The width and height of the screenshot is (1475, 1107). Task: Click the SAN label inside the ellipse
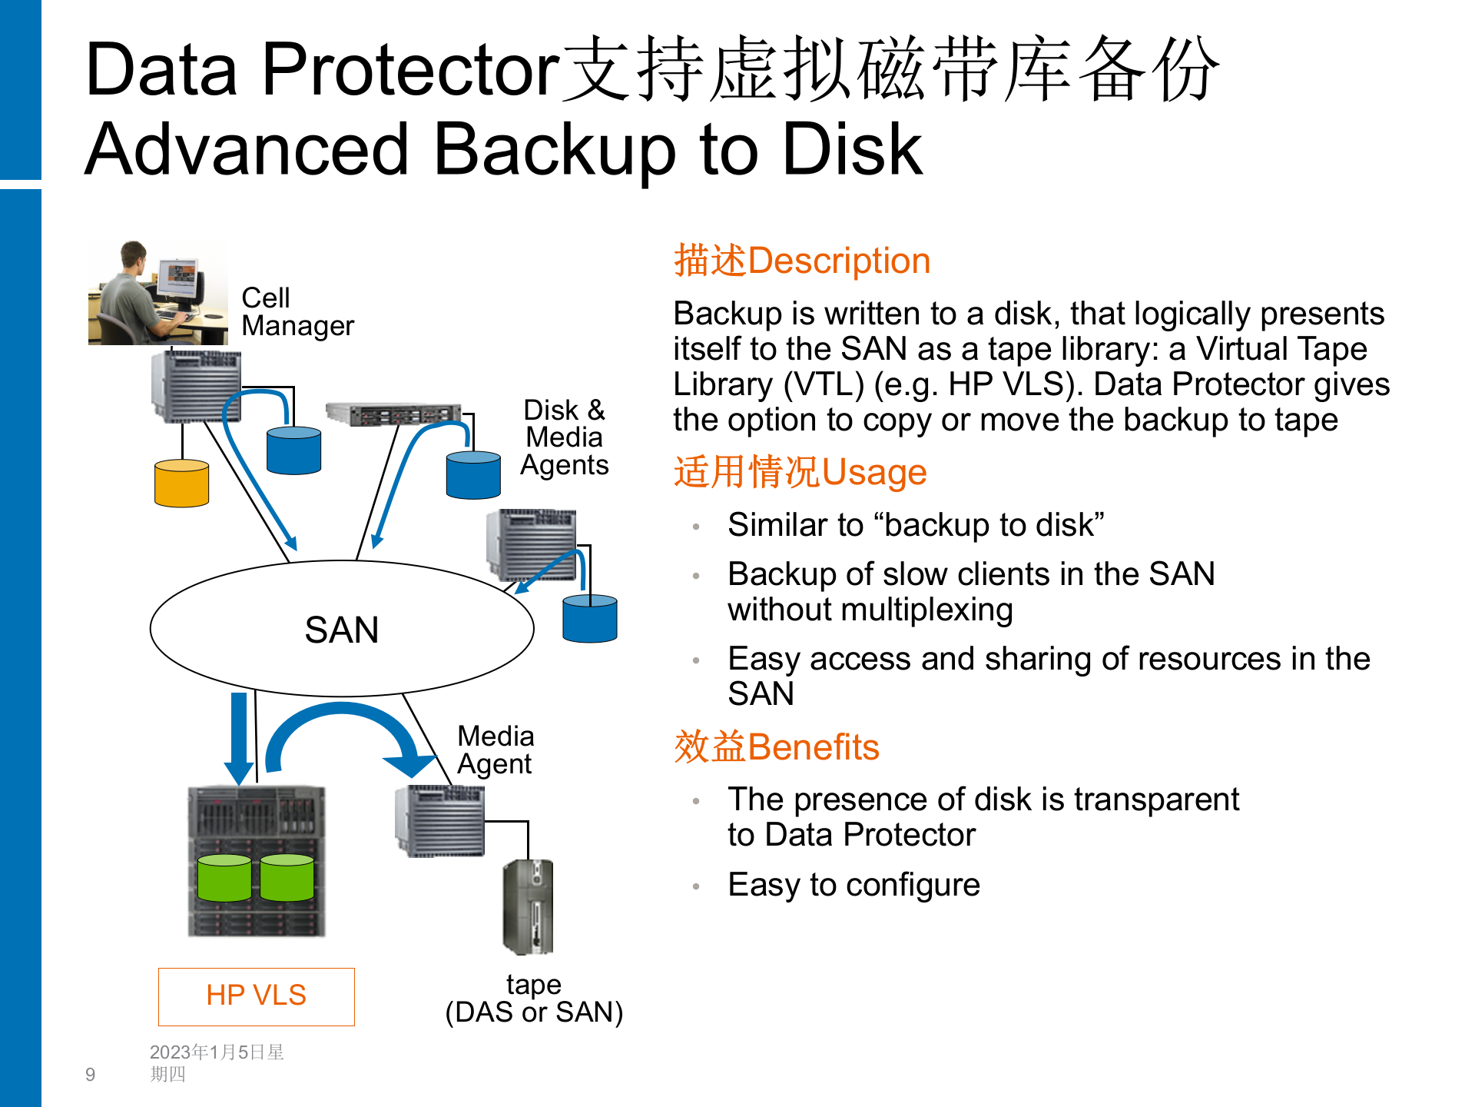[342, 630]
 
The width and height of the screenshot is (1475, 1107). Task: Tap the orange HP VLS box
[256, 996]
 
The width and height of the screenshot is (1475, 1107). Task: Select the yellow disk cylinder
[181, 484]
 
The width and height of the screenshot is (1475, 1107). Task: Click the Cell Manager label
[297, 312]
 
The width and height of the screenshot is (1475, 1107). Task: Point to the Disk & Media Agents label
[565, 437]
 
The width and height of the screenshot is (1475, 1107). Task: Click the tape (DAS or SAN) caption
[534, 999]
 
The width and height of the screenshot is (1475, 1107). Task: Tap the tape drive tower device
[529, 907]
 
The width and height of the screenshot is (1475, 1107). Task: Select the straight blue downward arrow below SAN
[239, 738]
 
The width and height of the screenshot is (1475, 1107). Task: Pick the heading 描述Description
[802, 261]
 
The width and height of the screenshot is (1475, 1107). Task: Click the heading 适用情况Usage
[800, 472]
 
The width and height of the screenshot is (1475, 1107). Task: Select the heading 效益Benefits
[776, 747]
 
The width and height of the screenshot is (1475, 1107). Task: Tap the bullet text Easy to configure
[854, 885]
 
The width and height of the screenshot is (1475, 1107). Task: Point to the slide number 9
[91, 1075]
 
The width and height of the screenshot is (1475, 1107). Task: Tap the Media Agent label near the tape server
[496, 750]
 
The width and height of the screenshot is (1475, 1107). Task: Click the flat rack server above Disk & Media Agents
[393, 414]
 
